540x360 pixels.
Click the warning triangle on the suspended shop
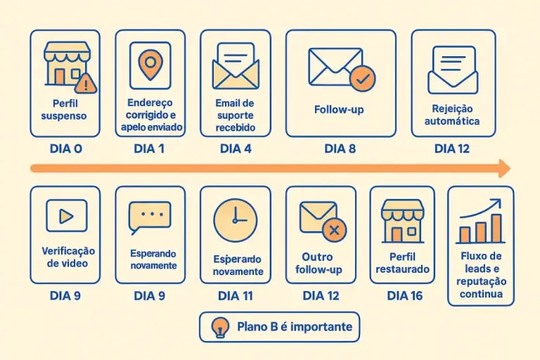[x=86, y=84]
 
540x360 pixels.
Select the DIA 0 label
[x=66, y=149]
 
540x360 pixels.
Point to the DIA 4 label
[x=236, y=149]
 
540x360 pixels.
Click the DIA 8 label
[x=340, y=149]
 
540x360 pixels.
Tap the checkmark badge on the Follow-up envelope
[x=363, y=79]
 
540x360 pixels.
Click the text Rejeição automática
[x=452, y=115]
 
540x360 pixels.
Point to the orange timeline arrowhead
[x=505, y=169]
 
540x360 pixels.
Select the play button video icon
[x=67, y=216]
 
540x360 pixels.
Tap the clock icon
[x=236, y=220]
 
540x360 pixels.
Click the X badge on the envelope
[x=334, y=230]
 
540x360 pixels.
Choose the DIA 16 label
[x=405, y=296]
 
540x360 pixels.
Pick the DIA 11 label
[x=236, y=296]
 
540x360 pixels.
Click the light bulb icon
[x=220, y=328]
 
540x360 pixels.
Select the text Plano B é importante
[x=295, y=326]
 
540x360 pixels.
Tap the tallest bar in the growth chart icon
[x=496, y=229]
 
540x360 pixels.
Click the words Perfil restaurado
[x=402, y=263]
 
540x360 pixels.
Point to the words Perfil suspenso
[x=64, y=110]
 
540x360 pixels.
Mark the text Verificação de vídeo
[x=67, y=257]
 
